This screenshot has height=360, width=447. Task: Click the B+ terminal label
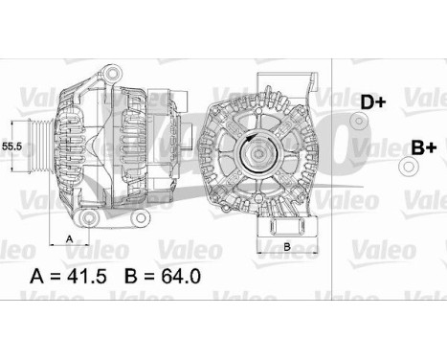pos(423,147)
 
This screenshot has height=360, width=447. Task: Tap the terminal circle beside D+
pos(359,122)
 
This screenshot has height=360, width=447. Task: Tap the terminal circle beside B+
pos(410,169)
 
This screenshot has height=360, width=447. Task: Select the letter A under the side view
pos(69,236)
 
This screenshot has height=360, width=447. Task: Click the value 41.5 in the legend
pos(91,279)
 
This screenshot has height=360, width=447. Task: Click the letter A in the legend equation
pos(38,279)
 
